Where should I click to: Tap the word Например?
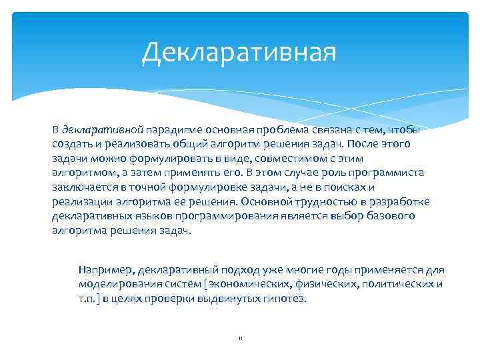(x=105, y=270)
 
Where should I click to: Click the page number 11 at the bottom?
(x=240, y=339)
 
